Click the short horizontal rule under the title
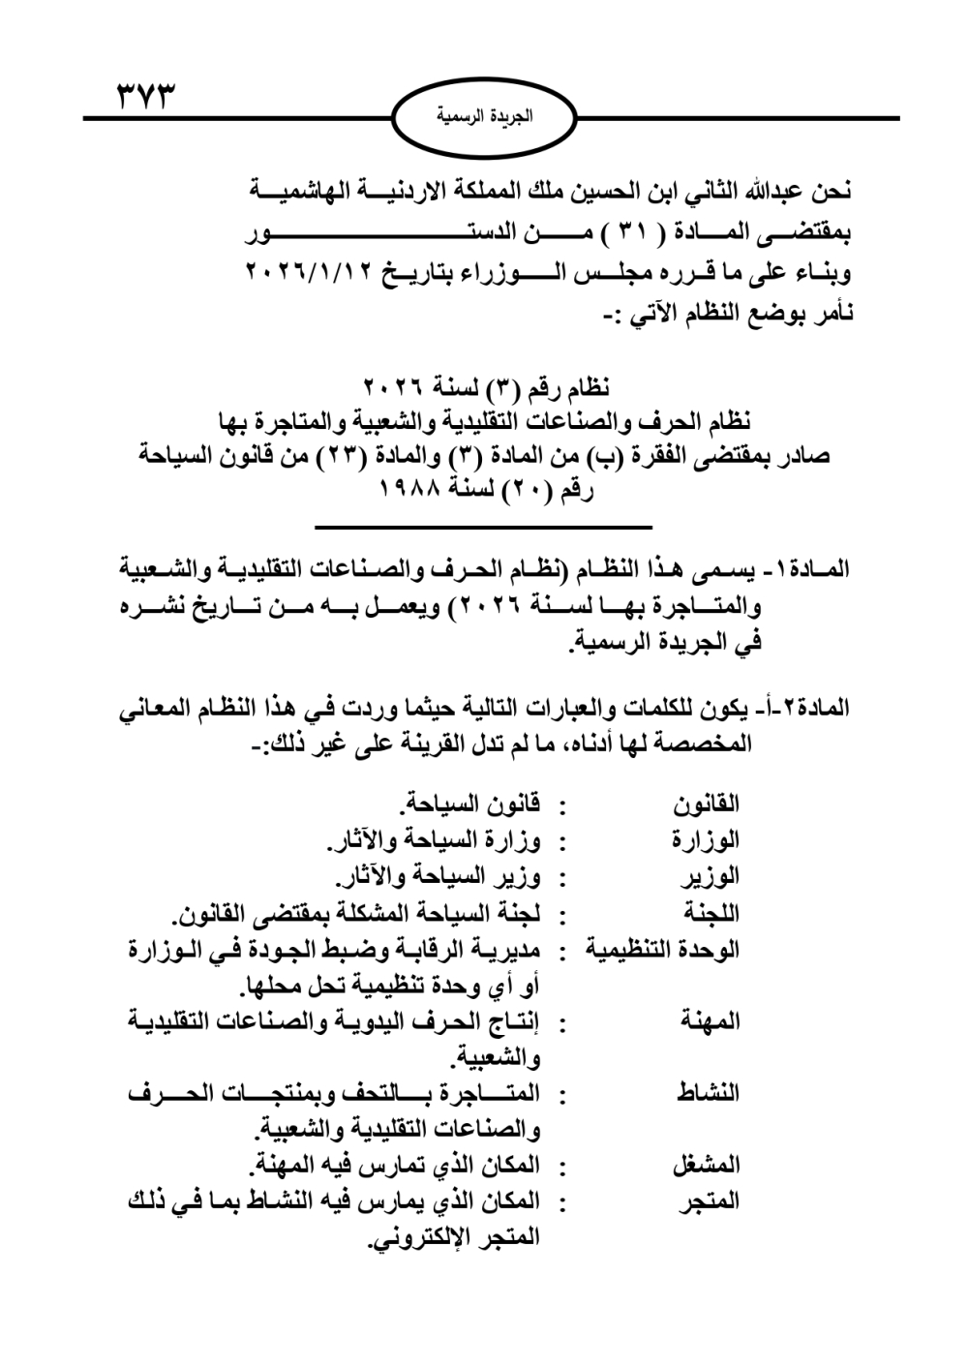tap(484, 526)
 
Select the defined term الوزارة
tap(706, 839)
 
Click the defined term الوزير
tap(712, 876)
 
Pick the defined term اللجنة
tap(712, 913)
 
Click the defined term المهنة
tap(712, 1021)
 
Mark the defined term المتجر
tap(712, 1201)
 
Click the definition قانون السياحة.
tap(471, 803)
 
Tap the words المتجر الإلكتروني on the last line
tap(455, 1237)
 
